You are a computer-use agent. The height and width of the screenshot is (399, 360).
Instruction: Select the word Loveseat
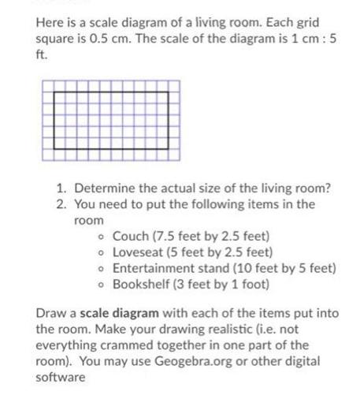pyautogui.click(x=139, y=252)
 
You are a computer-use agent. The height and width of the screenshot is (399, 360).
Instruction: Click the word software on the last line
pyautogui.click(x=60, y=377)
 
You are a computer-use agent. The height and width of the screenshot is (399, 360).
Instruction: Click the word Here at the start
pyautogui.click(x=50, y=23)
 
